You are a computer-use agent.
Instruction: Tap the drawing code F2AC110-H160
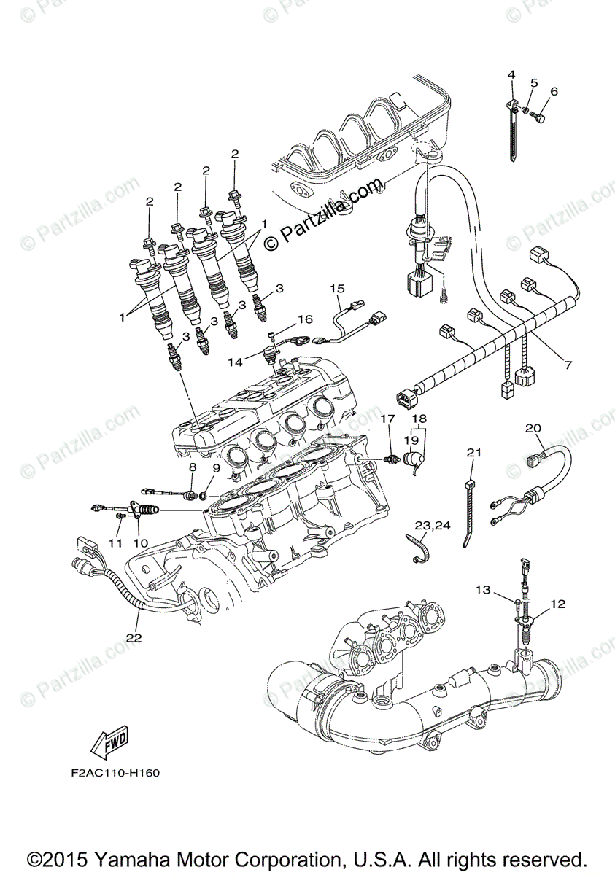click(x=111, y=773)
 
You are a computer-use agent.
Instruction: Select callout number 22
click(x=132, y=636)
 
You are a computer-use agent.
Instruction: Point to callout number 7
click(x=568, y=364)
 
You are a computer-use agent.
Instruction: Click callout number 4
click(x=511, y=74)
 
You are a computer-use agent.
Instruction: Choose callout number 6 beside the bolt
click(x=554, y=92)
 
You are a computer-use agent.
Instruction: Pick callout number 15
click(x=336, y=289)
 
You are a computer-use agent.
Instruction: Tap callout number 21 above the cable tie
click(x=474, y=453)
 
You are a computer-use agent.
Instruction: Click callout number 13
click(x=503, y=589)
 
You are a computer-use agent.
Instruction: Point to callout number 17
click(x=387, y=419)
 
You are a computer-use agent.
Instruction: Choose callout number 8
click(x=193, y=467)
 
